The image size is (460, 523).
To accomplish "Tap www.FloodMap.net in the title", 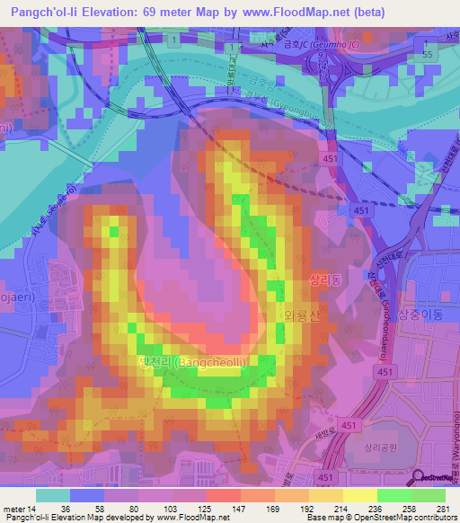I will (x=270, y=13).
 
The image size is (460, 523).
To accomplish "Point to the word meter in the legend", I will (x=13, y=509).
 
